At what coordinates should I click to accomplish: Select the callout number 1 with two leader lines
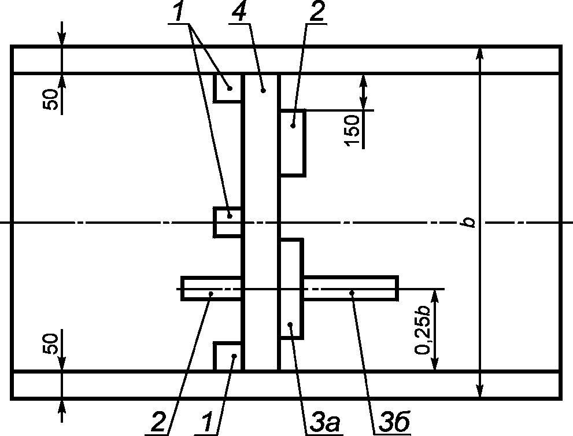[x=178, y=12]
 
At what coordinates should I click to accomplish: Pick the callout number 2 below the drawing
[x=158, y=422]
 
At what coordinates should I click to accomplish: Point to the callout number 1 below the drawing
[x=207, y=422]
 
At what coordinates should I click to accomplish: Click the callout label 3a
[x=324, y=422]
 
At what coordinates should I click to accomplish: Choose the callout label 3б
[x=394, y=422]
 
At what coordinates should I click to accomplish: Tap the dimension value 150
[x=352, y=131]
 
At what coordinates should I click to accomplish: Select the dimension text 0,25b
[x=422, y=328]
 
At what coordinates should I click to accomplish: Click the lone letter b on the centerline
[x=468, y=222]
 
